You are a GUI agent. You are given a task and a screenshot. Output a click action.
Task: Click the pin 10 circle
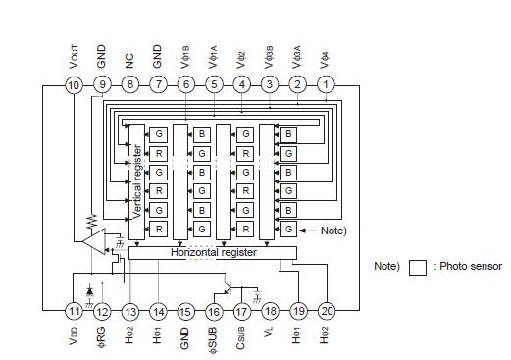coord(74,86)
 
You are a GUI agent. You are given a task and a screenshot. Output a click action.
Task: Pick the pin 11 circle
coord(74,311)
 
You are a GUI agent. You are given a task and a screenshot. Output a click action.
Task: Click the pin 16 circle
coord(214,311)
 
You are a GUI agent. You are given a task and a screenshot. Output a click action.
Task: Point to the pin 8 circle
coord(129,86)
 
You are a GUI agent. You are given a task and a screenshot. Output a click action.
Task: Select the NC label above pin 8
coord(129,60)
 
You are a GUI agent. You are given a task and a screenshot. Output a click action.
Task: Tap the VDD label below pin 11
coord(74,337)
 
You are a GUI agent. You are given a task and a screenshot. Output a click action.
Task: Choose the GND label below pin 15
coord(186,338)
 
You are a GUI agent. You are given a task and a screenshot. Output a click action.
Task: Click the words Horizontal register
coord(214,252)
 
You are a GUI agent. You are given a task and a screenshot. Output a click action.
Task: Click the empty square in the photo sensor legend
coord(417,267)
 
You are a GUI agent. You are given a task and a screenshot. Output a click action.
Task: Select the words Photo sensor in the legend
coord(470,267)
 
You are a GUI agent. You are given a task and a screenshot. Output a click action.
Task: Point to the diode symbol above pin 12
coord(89,291)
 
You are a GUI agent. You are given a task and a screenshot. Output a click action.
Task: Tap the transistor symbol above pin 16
coord(229,287)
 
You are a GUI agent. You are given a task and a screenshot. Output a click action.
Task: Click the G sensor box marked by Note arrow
coord(287,229)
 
